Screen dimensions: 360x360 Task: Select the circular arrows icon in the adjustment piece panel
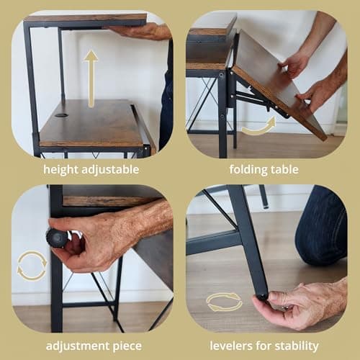[x=32, y=265]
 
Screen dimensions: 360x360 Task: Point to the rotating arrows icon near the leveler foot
[x=224, y=302]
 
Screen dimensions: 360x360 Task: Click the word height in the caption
[x=60, y=169]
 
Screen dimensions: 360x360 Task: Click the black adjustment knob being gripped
[x=55, y=238]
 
